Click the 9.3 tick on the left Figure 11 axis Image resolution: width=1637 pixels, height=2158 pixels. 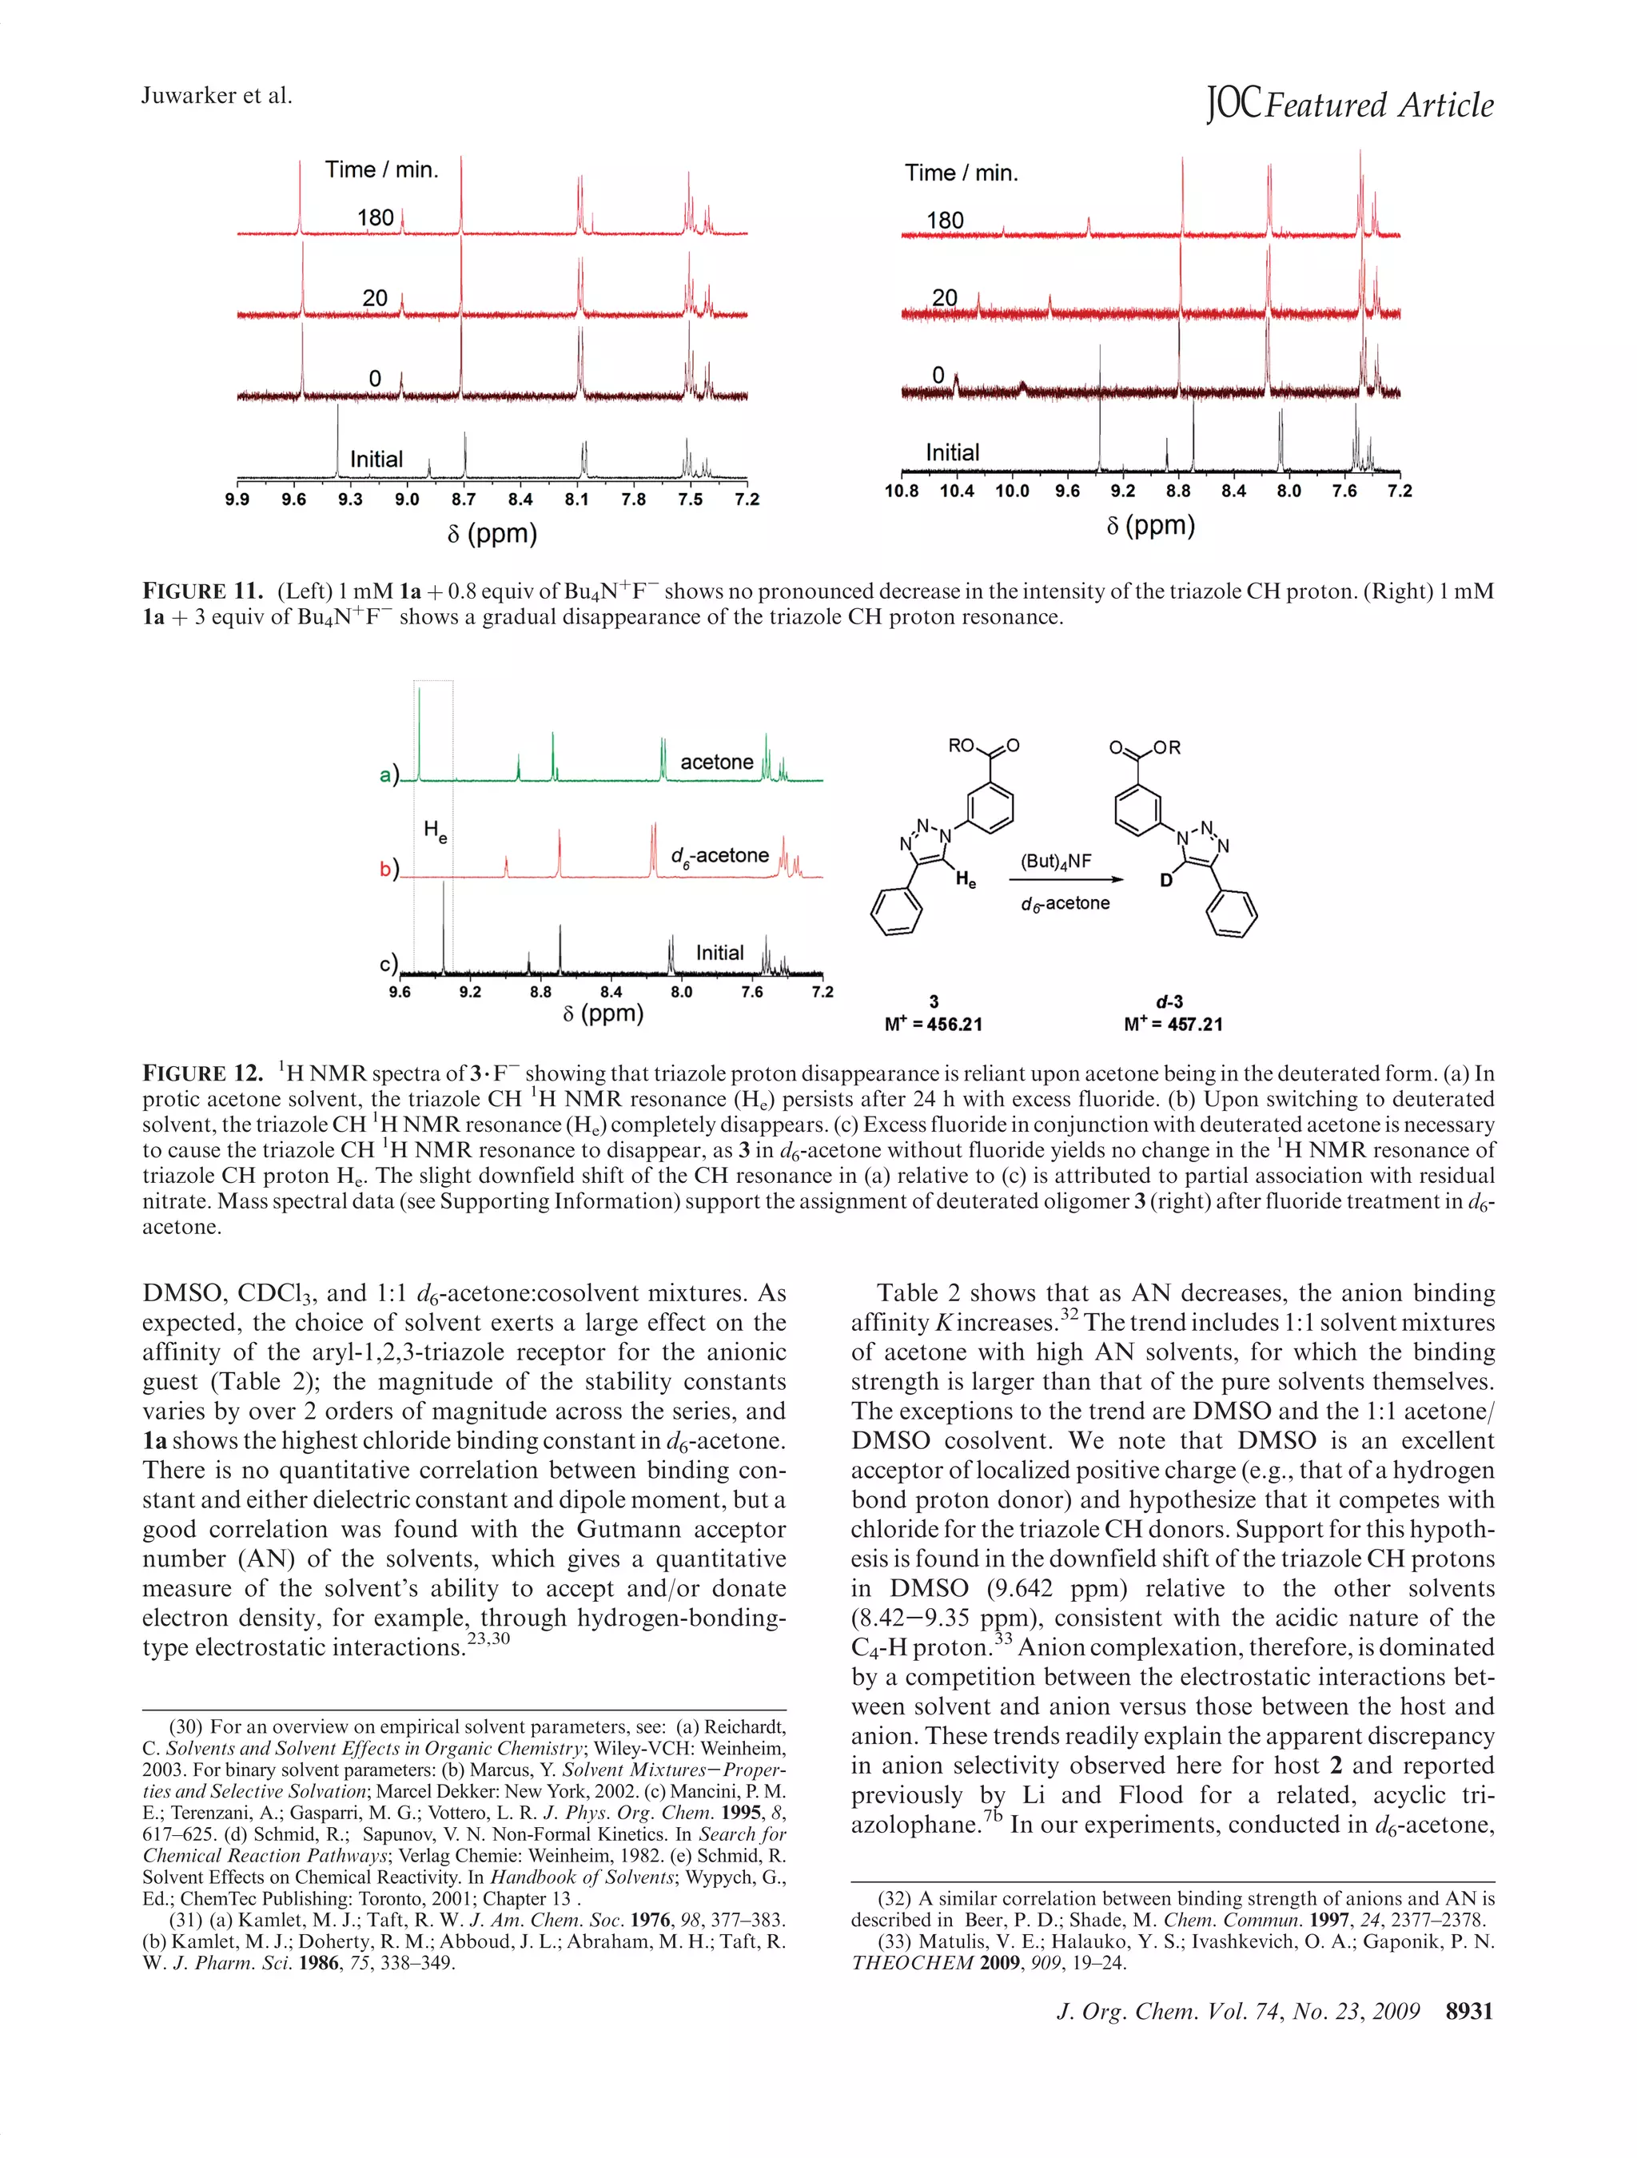[x=349, y=500]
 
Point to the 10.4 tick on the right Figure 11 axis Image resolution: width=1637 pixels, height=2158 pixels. [x=956, y=491]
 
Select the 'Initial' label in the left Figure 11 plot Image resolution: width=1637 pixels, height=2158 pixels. [x=376, y=459]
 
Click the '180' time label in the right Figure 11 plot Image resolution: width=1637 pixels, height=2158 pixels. [x=944, y=220]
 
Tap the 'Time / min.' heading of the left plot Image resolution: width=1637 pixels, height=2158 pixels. [x=381, y=169]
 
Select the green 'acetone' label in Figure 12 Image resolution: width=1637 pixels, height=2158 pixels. [x=716, y=762]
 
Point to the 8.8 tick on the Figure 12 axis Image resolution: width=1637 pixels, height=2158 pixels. [x=540, y=992]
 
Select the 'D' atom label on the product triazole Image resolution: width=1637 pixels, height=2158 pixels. [x=1165, y=881]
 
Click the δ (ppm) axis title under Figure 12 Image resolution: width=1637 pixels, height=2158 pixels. [x=603, y=1013]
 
